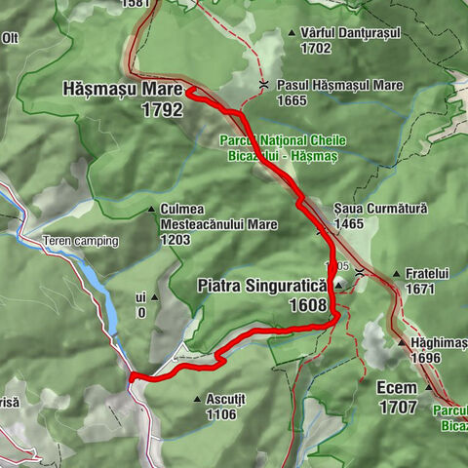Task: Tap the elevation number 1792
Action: click(161, 111)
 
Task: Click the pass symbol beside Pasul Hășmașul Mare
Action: click(265, 86)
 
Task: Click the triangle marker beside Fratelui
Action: click(395, 275)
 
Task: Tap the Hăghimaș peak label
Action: click(439, 342)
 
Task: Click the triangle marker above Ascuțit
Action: click(198, 398)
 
